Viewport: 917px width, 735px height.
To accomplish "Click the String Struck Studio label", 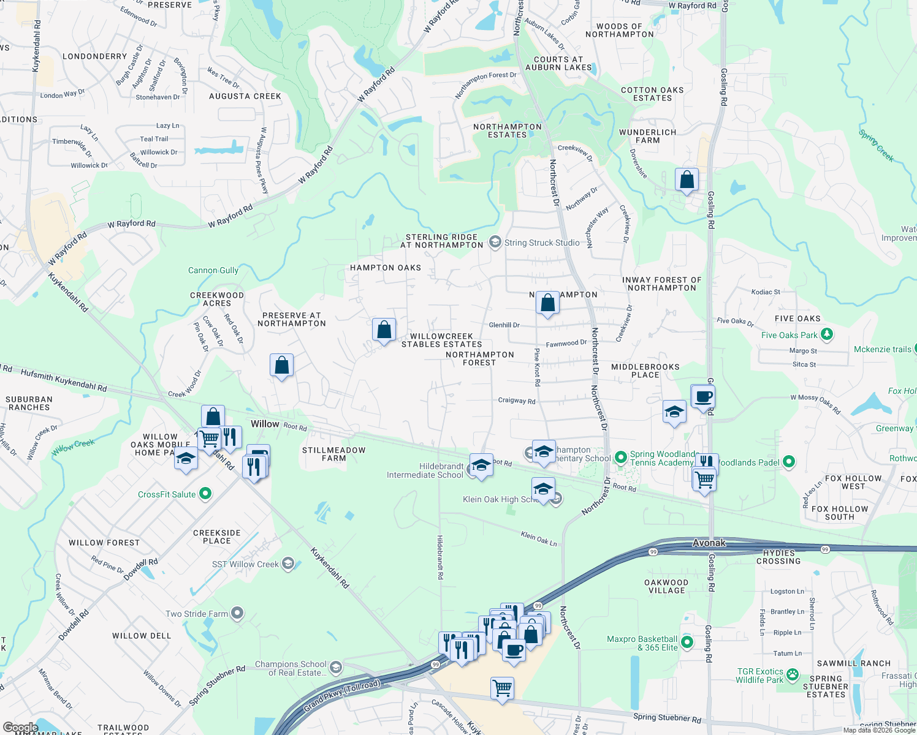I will pos(542,243).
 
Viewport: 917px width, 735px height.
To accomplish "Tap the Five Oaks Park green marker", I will pos(827,334).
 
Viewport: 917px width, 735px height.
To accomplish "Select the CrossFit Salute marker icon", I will pos(205,494).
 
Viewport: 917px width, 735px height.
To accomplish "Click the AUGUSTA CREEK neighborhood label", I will pos(245,96).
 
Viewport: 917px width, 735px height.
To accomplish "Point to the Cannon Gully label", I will pos(213,270).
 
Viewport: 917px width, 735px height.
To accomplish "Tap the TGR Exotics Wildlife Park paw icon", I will pos(793,675).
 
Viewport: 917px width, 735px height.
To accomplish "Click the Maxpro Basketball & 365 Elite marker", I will pos(687,643).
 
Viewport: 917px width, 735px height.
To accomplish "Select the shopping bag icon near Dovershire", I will pos(687,180).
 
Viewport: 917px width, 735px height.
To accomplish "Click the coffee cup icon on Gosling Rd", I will pos(703,396).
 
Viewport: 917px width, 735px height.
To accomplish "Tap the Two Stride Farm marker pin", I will pos(238,613).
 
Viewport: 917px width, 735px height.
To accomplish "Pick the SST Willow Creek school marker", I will pos(288,564).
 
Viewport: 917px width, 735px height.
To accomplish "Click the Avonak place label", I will pos(709,543).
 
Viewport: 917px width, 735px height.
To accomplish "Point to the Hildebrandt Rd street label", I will pos(440,557).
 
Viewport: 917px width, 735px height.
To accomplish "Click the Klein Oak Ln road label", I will pos(539,538).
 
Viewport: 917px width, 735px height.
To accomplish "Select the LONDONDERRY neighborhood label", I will pos(95,56).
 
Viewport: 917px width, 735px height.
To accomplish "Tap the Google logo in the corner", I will pos(20,728).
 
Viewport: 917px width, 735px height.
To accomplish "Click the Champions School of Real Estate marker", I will pos(335,668).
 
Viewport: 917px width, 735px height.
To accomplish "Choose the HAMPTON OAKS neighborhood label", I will pos(386,268).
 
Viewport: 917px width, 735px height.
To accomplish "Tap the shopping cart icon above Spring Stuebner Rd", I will pos(502,688).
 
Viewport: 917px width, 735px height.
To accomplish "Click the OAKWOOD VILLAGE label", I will pos(666,587).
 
